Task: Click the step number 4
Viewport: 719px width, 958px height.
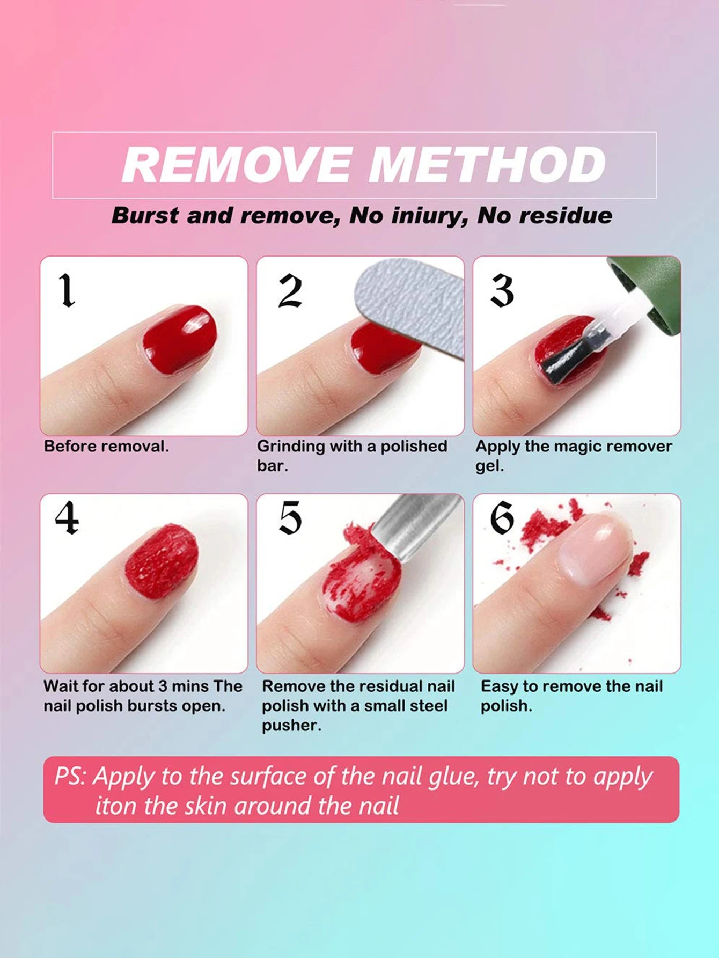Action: (67, 518)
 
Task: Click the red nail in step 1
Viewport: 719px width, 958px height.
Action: (180, 338)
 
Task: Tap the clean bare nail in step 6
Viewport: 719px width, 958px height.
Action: (593, 547)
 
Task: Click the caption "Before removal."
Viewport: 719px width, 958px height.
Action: (106, 447)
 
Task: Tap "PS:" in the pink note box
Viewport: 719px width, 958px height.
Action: (70, 776)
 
